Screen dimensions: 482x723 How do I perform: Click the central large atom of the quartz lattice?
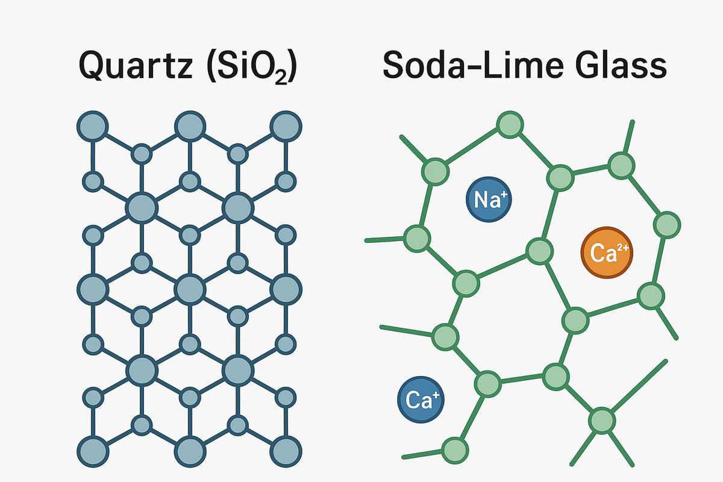click(x=190, y=290)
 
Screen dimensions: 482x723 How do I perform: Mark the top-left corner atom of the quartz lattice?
click(x=92, y=127)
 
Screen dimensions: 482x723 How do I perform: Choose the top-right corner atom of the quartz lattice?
click(x=286, y=127)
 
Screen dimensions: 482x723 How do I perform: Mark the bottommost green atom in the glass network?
click(x=455, y=449)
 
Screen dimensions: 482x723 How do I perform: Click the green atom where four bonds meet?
click(x=601, y=419)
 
